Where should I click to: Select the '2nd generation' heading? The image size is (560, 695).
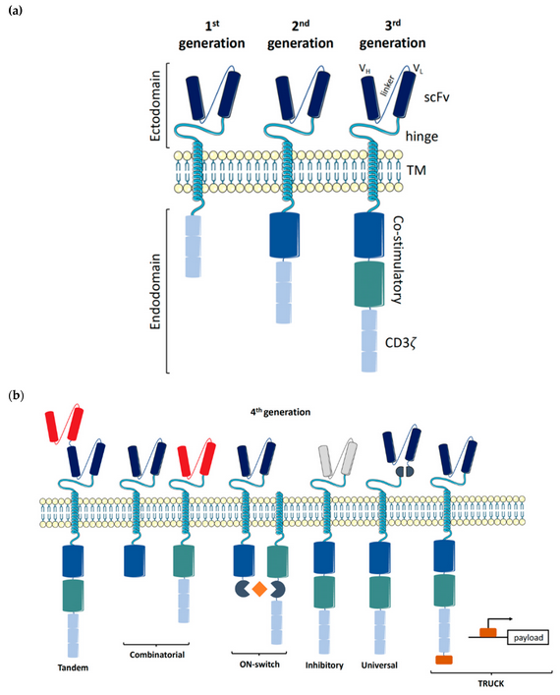click(x=300, y=34)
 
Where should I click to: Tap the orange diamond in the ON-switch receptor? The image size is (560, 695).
click(x=258, y=590)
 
